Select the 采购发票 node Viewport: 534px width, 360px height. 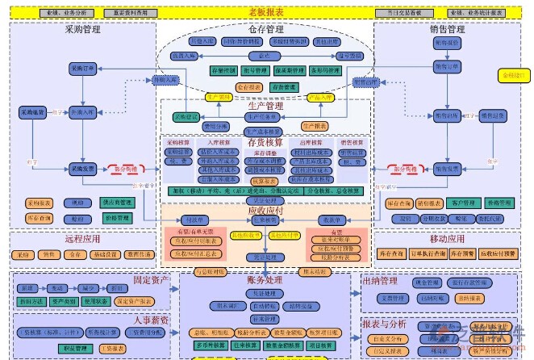pyautogui.click(x=82, y=169)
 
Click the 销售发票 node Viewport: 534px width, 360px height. pyautogui.click(x=447, y=169)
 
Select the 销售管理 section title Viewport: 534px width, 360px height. pyautogui.click(x=448, y=30)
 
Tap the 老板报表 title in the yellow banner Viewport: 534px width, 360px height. pyautogui.click(x=265, y=12)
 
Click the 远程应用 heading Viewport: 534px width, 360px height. pyautogui.click(x=82, y=240)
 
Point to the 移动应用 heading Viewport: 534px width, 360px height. pyautogui.click(x=448, y=240)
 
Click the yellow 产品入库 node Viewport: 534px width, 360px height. pyautogui.click(x=319, y=96)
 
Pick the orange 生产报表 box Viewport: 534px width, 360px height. pyautogui.click(x=316, y=126)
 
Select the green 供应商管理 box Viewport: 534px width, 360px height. pyautogui.click(x=116, y=203)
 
